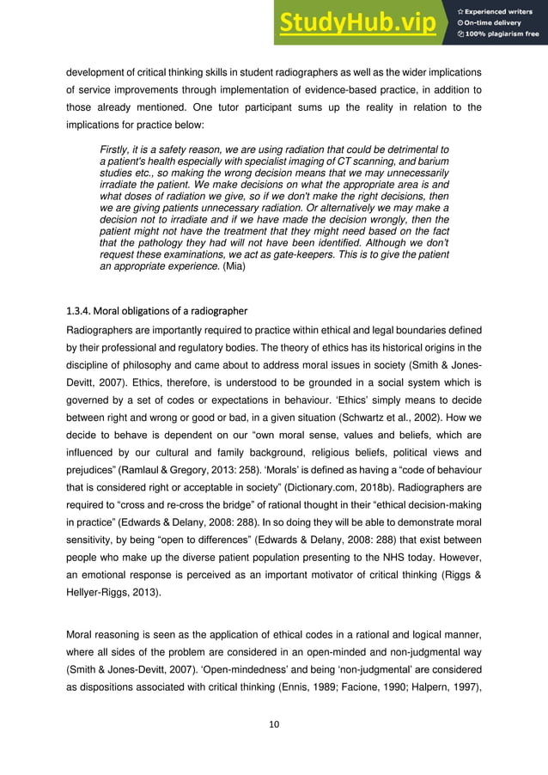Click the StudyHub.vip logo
pos(360,23)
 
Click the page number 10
pos(274,723)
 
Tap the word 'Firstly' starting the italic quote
pos(118,150)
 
